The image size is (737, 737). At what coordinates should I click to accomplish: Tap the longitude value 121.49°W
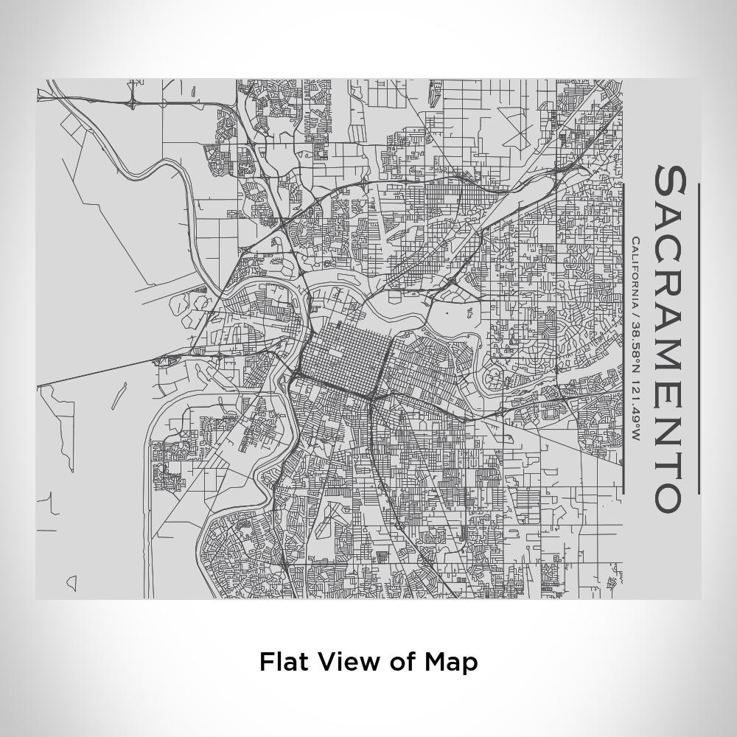pyautogui.click(x=635, y=412)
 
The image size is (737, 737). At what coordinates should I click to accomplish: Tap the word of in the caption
pyautogui.click(x=401, y=662)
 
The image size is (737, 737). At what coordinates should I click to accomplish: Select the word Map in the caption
pyautogui.click(x=451, y=662)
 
